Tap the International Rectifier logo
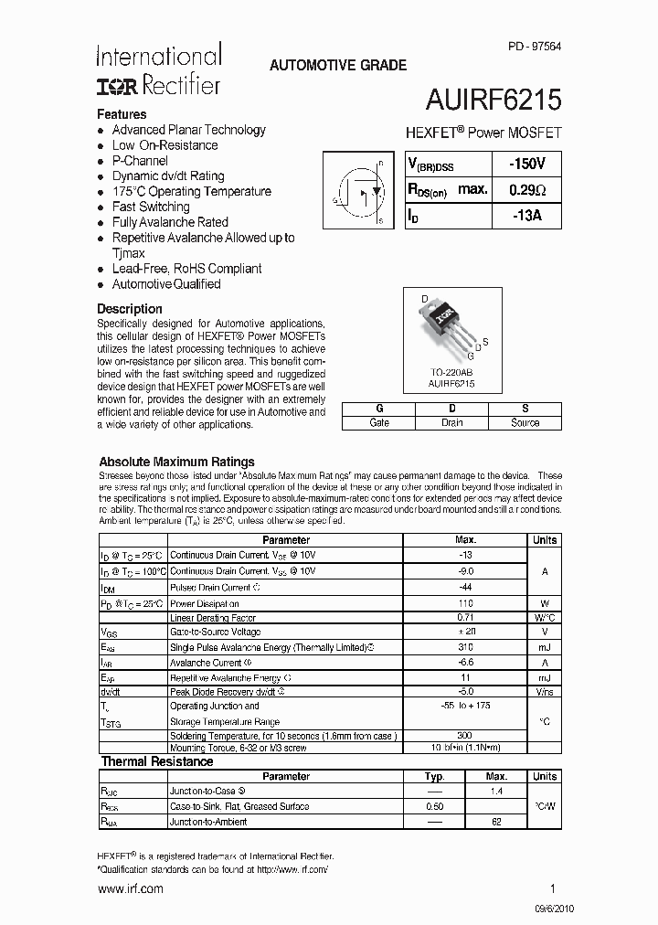pyautogui.click(x=158, y=70)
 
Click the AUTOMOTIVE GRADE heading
pyautogui.click(x=337, y=66)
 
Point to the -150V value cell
pyautogui.click(x=526, y=164)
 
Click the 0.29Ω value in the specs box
pyautogui.click(x=526, y=190)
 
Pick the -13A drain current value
pyautogui.click(x=526, y=216)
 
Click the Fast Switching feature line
pyautogui.click(x=151, y=207)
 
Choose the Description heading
pyautogui.click(x=130, y=309)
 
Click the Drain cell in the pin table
pyautogui.click(x=451, y=422)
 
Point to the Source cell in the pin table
pyautogui.click(x=525, y=422)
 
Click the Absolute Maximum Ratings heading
pyautogui.click(x=176, y=462)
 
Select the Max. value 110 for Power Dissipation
pyautogui.click(x=465, y=603)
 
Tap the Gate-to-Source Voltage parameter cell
pyautogui.click(x=215, y=632)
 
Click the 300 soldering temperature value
pyautogui.click(x=465, y=736)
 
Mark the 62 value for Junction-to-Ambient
pyautogui.click(x=496, y=822)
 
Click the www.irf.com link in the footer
pyautogui.click(x=130, y=888)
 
